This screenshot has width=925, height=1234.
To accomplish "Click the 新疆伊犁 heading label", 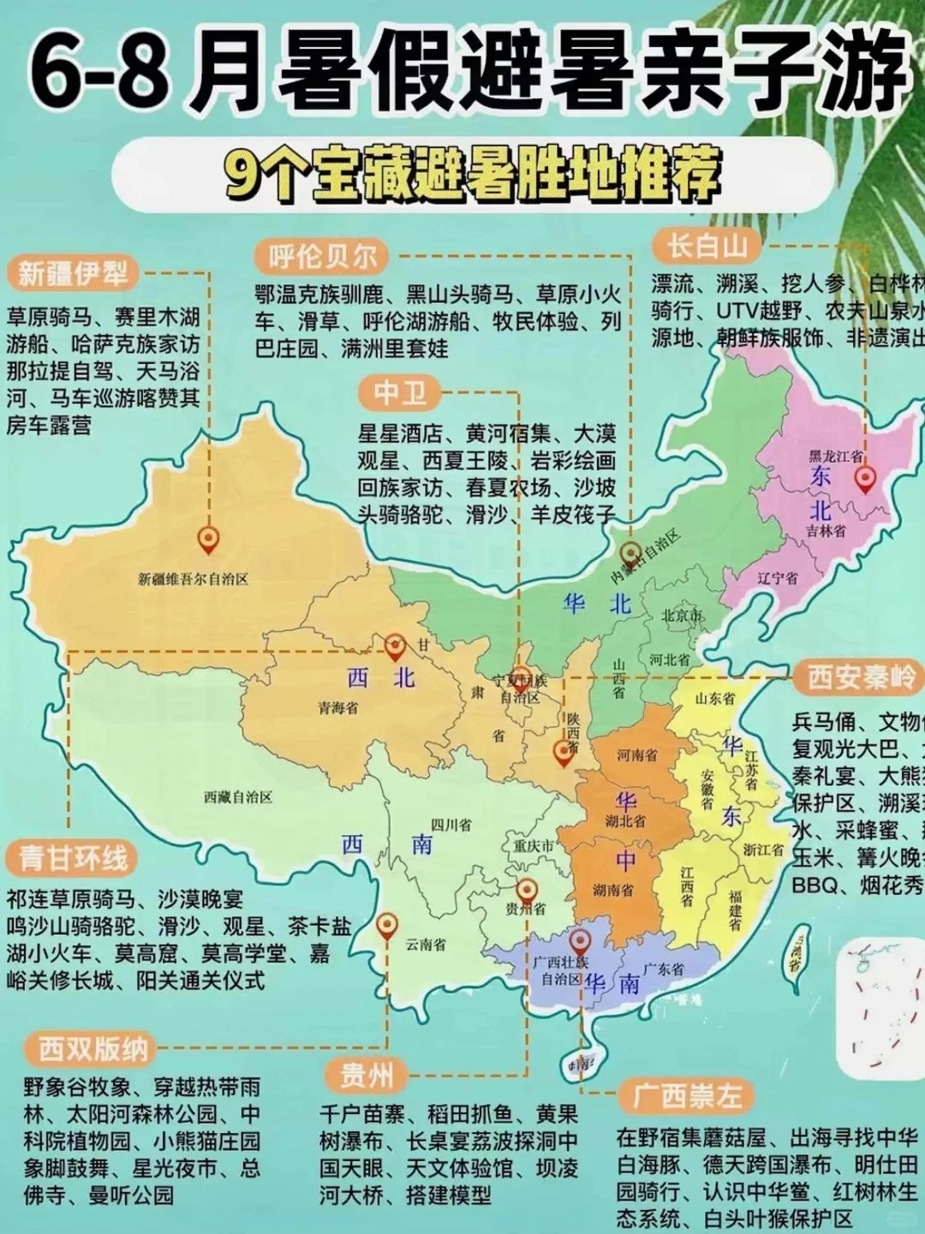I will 73,273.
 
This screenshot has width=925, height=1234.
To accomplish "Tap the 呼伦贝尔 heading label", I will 322,256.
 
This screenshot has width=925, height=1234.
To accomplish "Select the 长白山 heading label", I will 707,246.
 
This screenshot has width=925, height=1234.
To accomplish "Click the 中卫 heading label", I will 399,393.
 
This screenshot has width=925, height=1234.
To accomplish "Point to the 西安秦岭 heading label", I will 861,677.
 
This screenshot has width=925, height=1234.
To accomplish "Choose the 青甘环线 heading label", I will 73,857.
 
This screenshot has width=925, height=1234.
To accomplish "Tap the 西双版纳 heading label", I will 93,1048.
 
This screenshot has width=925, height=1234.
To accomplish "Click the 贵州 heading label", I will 367,1075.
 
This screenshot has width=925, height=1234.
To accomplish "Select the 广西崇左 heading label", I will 687,1095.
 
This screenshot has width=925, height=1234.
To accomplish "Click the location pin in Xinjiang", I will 208,540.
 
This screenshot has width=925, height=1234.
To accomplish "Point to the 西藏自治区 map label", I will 238,796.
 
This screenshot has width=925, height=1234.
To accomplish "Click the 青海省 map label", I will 338,708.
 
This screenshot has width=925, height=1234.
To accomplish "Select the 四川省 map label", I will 451,825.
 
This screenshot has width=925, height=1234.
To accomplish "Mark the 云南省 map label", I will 426,944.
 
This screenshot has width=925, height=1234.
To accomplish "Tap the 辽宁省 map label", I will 778,578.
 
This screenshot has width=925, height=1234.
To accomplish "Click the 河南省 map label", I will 637,754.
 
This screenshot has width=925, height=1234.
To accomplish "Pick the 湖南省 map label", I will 613,890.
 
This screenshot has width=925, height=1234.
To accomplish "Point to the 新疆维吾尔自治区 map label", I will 193,579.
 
